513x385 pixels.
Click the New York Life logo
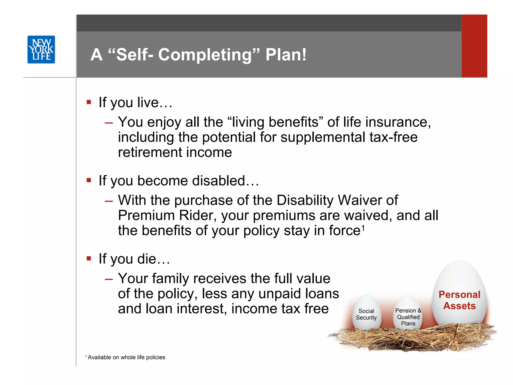41,49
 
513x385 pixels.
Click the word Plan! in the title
286,54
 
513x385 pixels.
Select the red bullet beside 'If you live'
89,102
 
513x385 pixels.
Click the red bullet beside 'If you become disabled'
89,180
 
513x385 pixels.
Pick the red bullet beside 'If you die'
89,258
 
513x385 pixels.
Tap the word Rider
198,216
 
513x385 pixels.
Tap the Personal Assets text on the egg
459,300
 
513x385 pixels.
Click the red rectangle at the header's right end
474,46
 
